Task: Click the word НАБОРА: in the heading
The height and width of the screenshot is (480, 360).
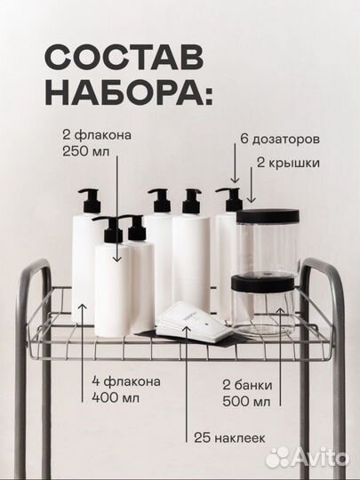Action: point(124,92)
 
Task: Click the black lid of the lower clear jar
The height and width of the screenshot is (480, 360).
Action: point(262,284)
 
